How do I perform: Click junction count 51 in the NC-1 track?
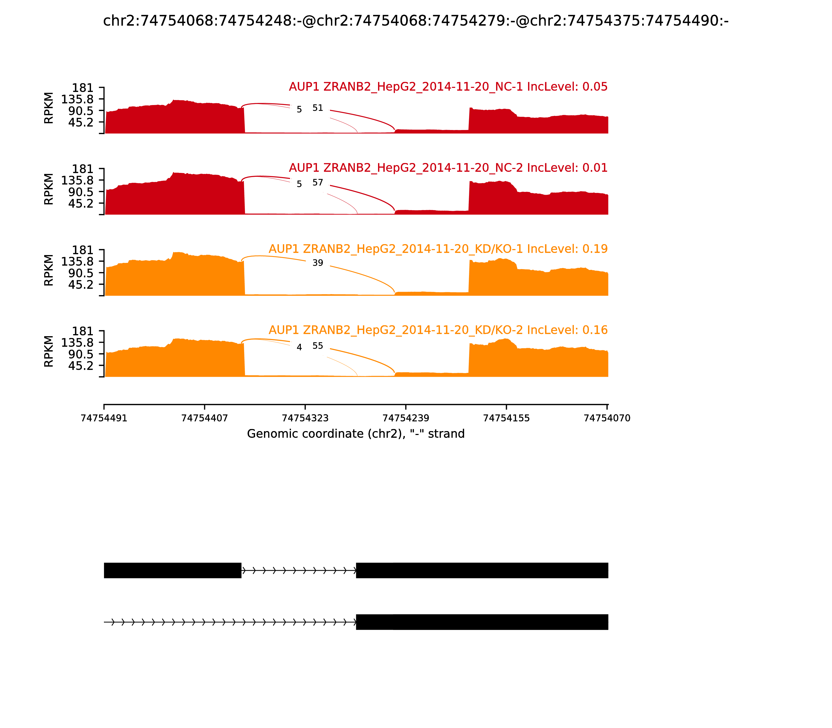point(318,108)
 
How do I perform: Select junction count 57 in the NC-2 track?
point(318,183)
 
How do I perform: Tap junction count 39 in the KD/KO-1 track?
point(318,263)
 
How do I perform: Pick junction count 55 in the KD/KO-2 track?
point(318,346)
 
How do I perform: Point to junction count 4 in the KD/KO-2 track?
point(300,347)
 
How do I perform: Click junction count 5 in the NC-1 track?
point(300,110)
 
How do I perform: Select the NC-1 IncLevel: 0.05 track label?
point(448,87)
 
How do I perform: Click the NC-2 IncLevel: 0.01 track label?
point(448,168)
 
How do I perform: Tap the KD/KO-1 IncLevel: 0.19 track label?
point(438,249)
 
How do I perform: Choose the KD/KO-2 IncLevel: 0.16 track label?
point(438,330)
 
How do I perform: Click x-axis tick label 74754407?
point(204,418)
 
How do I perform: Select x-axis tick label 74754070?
point(607,418)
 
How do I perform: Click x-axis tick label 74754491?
point(104,418)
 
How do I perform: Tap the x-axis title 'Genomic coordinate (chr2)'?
point(355,434)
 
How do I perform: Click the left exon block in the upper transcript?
point(173,570)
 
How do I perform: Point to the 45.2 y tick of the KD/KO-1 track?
point(81,284)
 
